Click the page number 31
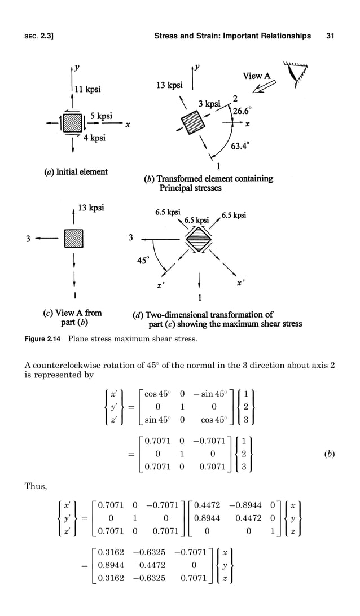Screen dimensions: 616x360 330,36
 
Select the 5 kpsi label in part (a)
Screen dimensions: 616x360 101,116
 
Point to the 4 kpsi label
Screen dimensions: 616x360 94,137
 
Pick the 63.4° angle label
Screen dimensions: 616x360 239,148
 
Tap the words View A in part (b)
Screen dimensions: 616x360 257,76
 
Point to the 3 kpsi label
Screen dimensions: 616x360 209,104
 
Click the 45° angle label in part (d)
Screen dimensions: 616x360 146,261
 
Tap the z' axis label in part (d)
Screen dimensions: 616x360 161,286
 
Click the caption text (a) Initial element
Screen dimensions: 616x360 75,171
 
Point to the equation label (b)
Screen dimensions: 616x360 328,453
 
